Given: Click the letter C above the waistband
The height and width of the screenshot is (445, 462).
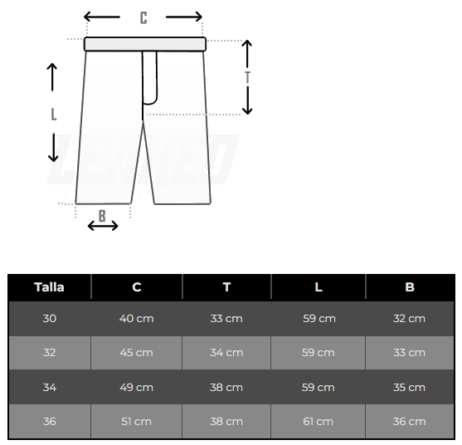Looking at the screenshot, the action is point(143,17).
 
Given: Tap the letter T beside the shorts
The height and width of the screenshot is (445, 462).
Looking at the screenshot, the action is point(247,77).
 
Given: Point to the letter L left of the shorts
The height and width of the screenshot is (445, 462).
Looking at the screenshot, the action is point(54,115).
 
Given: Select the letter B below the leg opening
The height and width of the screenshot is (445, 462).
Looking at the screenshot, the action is point(102,216).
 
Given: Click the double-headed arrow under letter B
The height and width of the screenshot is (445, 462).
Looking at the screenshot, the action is point(103,226).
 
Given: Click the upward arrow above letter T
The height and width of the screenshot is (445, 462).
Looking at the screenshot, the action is point(247,53).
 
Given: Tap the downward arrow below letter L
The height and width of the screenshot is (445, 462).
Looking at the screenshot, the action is point(53,148).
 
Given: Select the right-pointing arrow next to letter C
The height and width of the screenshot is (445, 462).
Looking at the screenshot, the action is point(184,17).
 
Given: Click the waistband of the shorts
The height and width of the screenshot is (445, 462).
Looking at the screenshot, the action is point(145,44).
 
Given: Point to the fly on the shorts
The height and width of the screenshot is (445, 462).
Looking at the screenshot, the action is point(150,78).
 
